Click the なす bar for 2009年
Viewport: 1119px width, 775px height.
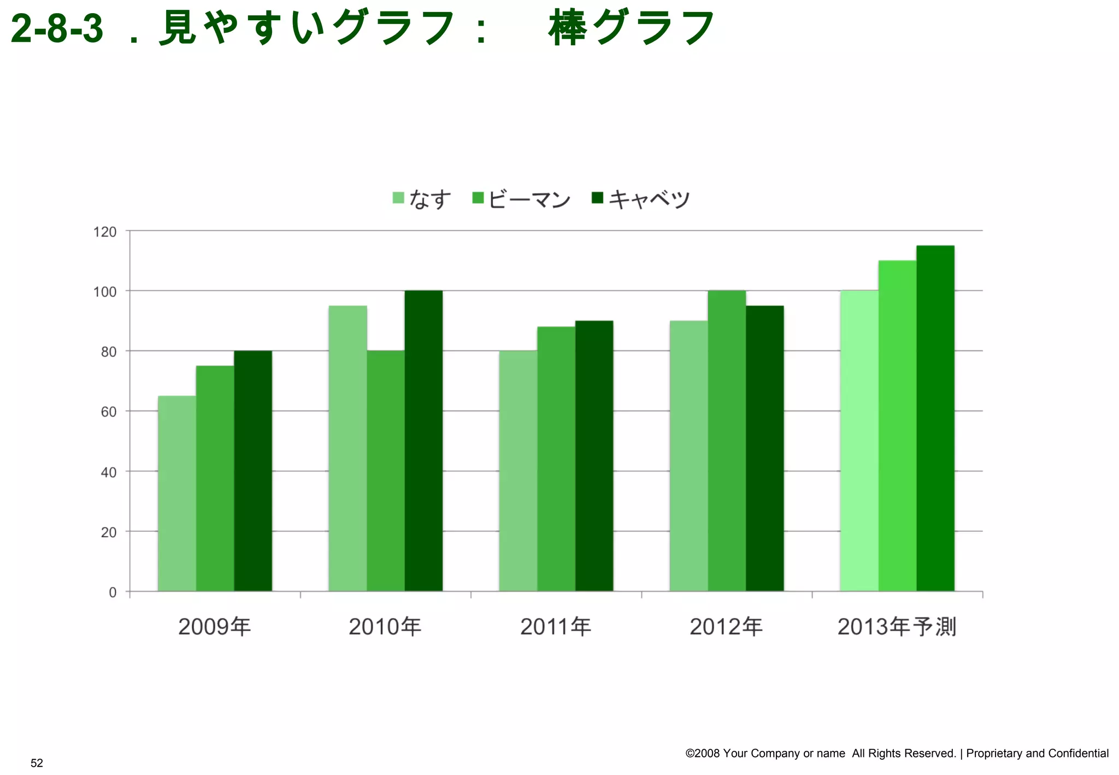177,493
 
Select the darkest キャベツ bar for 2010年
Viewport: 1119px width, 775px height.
423,441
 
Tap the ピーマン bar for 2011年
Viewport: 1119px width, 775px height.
556,459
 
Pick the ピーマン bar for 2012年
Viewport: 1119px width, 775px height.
727,441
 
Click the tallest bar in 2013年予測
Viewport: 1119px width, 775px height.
935,418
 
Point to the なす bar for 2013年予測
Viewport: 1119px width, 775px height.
859,441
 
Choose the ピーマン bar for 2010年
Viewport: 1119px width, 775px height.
386,471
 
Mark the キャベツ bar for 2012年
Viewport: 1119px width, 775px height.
765,448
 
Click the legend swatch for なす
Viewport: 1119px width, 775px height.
398,198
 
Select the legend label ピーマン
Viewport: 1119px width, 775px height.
529,199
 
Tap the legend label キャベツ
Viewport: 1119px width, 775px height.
649,199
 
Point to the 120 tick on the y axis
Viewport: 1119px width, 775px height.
105,232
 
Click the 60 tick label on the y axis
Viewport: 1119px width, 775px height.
109,412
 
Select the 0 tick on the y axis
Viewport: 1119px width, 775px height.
113,592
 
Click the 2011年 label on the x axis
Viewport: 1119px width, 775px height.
556,626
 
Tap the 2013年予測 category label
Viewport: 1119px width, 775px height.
897,626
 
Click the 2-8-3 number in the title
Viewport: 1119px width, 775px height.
57,28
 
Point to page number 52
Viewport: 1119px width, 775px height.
37,763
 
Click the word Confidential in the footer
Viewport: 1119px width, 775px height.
1078,753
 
